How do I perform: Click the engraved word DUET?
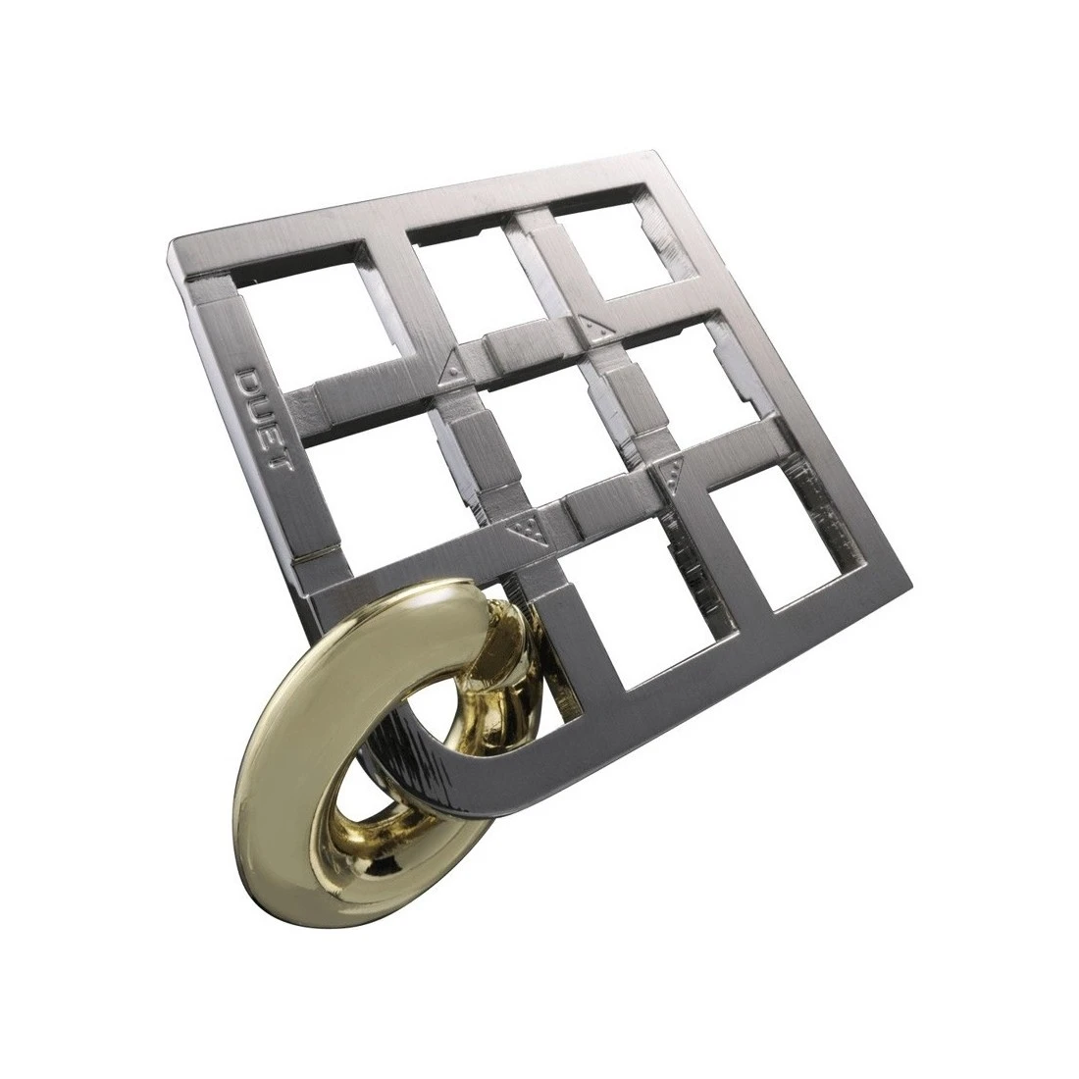(x=264, y=419)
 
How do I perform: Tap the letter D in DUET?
(x=249, y=380)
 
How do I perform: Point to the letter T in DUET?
(x=281, y=461)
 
